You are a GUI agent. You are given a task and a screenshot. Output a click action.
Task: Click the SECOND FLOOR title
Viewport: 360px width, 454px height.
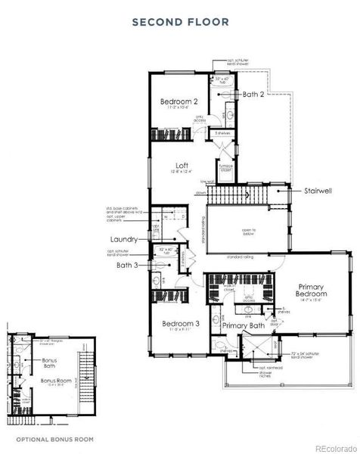[180, 22]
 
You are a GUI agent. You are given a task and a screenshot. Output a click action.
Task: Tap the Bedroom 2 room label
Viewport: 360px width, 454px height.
[179, 101]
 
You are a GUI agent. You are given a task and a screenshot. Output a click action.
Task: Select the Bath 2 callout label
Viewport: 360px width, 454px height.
[253, 95]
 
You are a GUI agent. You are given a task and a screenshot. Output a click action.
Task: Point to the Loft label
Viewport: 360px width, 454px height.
[182, 166]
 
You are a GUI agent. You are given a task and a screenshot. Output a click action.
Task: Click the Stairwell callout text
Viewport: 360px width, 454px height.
[321, 191]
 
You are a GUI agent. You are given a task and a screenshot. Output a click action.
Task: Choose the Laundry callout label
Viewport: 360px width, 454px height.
[122, 238]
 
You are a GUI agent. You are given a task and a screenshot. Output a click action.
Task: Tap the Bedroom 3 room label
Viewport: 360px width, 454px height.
[181, 324]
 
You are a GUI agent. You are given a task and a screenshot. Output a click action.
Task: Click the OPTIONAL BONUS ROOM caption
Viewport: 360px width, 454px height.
[55, 439]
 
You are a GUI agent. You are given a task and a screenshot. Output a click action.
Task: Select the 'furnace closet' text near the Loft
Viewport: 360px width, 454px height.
[225, 170]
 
